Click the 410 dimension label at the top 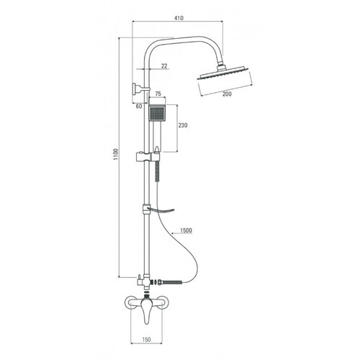coord(179,18)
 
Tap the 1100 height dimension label coord(116,155)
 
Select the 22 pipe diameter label coord(164,66)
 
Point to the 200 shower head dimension coord(227,94)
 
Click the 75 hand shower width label coord(158,94)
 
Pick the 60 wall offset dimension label coord(139,107)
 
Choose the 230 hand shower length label coord(183,125)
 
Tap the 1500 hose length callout coord(186,230)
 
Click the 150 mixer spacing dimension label coord(146,340)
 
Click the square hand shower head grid coord(157,114)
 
